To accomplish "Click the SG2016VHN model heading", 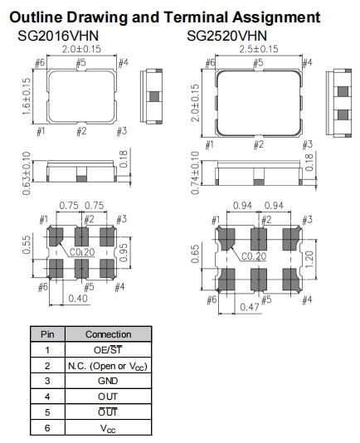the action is point(58,36).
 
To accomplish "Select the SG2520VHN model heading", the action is point(226,36).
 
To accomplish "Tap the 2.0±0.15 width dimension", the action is point(81,49).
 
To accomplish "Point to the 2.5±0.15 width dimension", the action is point(259,49).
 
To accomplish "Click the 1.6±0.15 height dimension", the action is point(27,96).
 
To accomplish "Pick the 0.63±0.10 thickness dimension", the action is point(27,173).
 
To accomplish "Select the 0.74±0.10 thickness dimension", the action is point(195,173).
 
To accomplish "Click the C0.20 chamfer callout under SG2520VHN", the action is point(254,256).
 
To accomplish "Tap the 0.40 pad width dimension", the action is point(78,299).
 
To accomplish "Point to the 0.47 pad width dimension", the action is point(250,307).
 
